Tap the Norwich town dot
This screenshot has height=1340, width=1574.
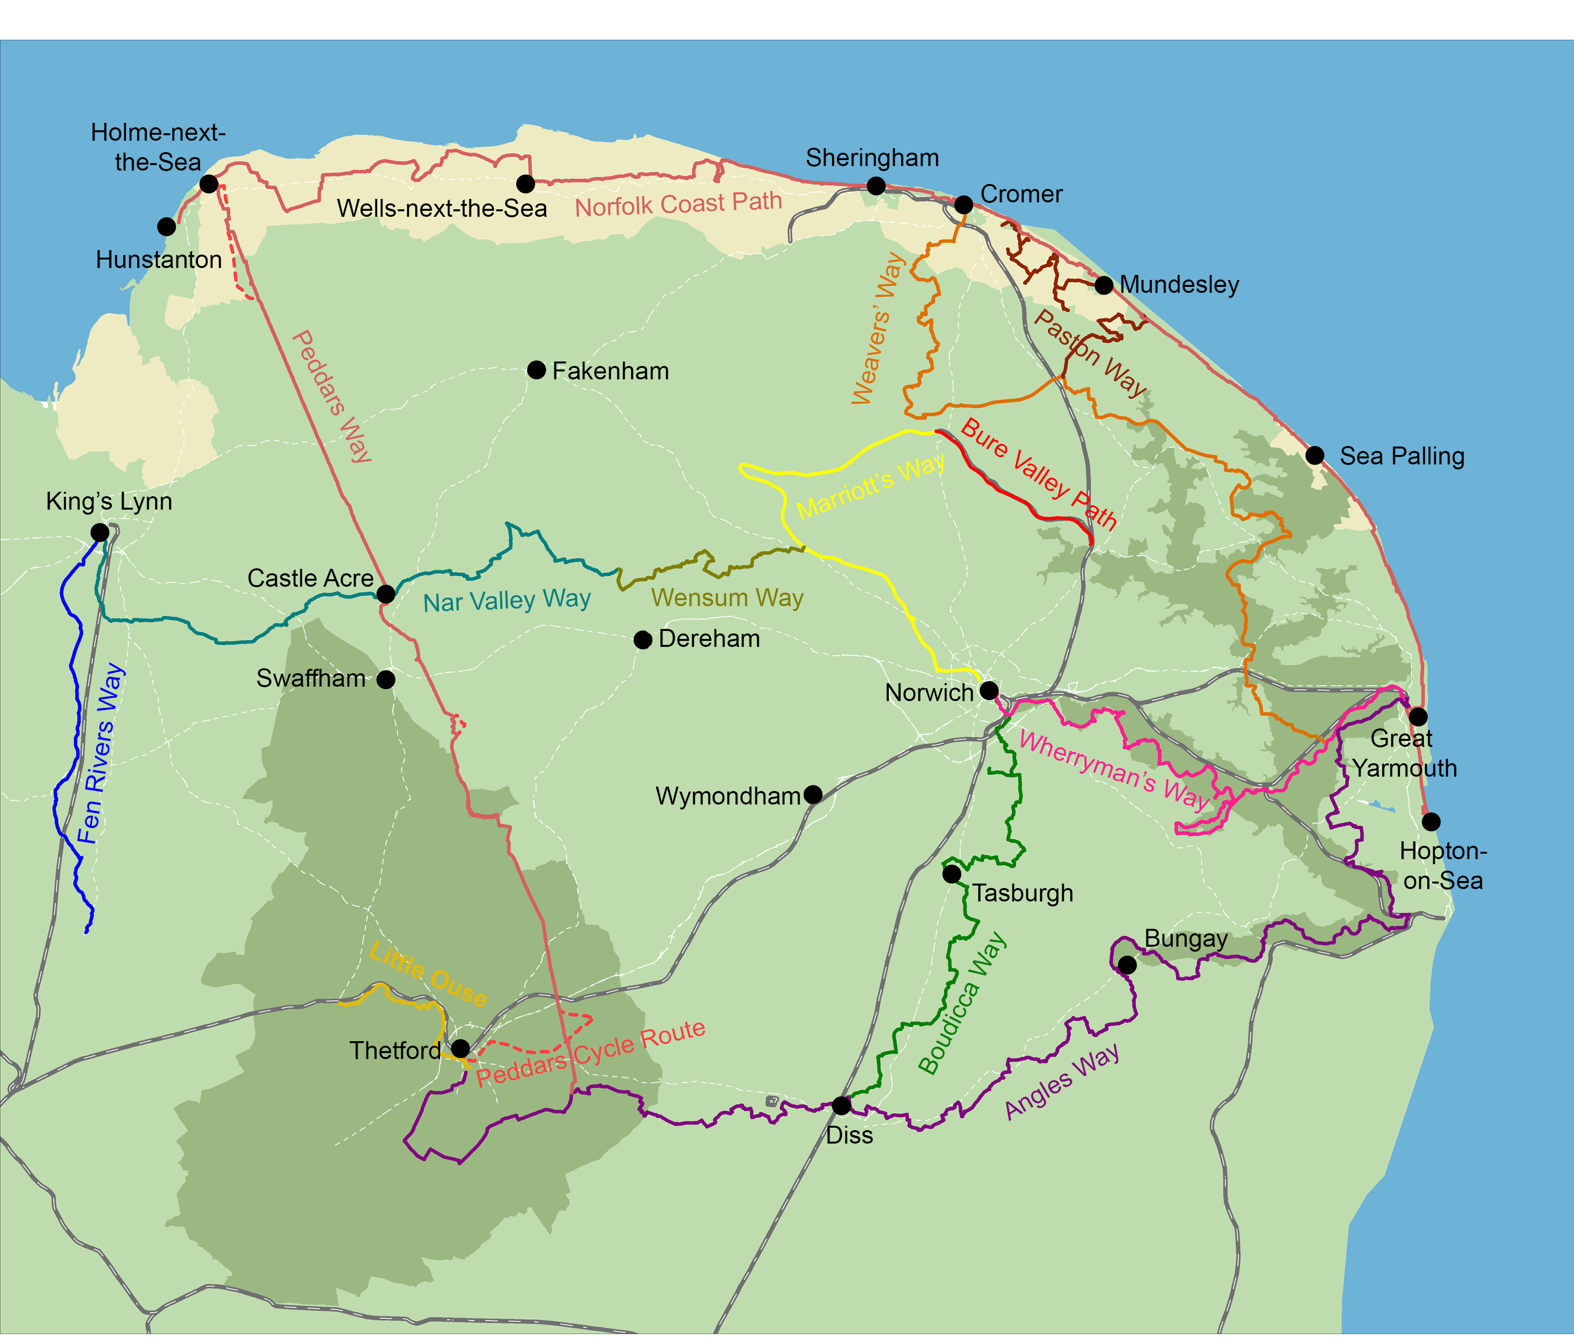pos(988,691)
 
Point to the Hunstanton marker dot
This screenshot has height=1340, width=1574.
pos(167,226)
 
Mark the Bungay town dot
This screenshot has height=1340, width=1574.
pos(1127,965)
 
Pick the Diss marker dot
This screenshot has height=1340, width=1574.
pos(841,1105)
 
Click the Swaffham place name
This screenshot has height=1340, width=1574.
pos(311,678)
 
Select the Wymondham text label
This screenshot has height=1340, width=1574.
pos(728,796)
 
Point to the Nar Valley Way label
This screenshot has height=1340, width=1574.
pos(507,601)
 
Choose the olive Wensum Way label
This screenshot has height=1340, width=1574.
pos(727,598)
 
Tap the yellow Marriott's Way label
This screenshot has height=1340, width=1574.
pos(871,486)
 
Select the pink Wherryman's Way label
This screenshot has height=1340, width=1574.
pos(1114,770)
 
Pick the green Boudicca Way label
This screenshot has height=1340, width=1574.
pos(962,1003)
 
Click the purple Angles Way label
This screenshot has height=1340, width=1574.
pos(1061,1081)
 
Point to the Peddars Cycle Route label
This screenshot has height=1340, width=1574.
pos(590,1053)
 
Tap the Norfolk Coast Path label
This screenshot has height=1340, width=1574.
pos(678,203)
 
